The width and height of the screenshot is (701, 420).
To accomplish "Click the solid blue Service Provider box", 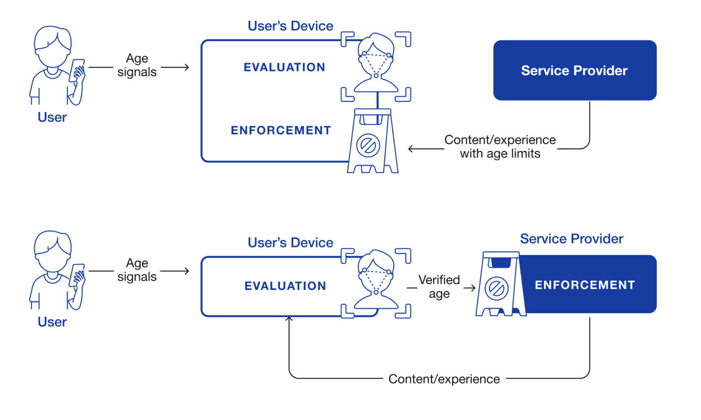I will pyautogui.click(x=574, y=70).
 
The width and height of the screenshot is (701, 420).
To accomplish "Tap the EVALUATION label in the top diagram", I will pyautogui.click(x=284, y=67).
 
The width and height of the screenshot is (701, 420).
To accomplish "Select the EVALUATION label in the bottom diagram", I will pyautogui.click(x=285, y=286).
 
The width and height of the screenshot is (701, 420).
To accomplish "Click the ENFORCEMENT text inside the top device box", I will pyautogui.click(x=281, y=130).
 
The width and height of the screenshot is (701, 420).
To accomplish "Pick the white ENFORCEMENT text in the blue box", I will pyautogui.click(x=584, y=285).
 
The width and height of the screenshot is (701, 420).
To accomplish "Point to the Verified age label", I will pyautogui.click(x=439, y=287).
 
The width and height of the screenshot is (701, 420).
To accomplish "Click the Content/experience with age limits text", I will pyautogui.click(x=500, y=147).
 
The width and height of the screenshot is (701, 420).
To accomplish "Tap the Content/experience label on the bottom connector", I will pyautogui.click(x=444, y=379).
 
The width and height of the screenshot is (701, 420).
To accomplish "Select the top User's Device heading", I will pyautogui.click(x=291, y=26).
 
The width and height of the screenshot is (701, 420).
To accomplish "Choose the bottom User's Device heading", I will pyautogui.click(x=291, y=243).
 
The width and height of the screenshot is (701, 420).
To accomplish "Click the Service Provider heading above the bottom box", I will pyautogui.click(x=571, y=239).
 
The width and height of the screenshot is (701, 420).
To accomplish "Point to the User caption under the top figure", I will pyautogui.click(x=52, y=117).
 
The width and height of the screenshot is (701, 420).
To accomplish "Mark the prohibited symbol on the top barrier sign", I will pyautogui.click(x=368, y=146).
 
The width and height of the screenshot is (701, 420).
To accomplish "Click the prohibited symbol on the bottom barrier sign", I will pyautogui.click(x=496, y=289).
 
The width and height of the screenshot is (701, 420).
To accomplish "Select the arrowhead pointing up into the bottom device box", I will pyautogui.click(x=289, y=319).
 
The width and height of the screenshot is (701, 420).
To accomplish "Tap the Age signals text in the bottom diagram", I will pyautogui.click(x=137, y=270).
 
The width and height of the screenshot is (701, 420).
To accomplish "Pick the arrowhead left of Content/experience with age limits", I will pyautogui.click(x=411, y=149).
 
